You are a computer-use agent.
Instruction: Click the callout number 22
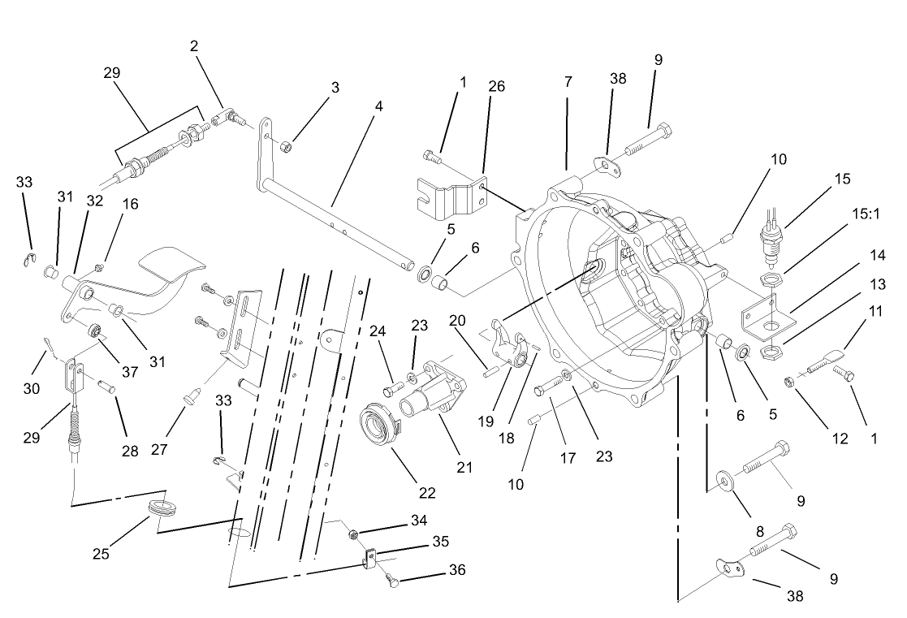[427, 492]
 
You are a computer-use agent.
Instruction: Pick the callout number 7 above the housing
[568, 82]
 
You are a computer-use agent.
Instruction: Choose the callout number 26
[497, 86]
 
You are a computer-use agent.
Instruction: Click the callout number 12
[839, 439]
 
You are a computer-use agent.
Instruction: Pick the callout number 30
[31, 389]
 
